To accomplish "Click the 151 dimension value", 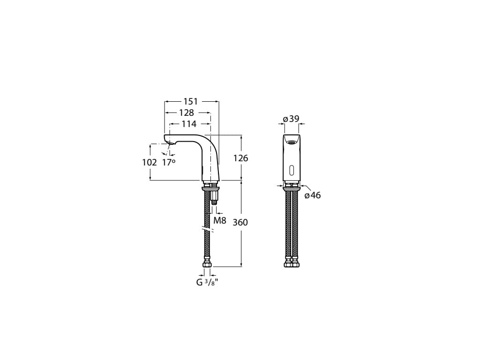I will click(190, 101).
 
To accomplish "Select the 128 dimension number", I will click(186, 113).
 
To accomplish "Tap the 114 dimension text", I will click(189, 124).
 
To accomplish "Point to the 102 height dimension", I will click(149, 162).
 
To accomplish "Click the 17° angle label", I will click(169, 162).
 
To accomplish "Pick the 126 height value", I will click(240, 158).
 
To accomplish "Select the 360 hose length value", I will click(240, 222).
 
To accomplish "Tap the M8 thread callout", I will click(220, 220).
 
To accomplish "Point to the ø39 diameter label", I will click(291, 119).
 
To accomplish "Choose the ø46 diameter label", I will click(313, 195).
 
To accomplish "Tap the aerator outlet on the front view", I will click(292, 142).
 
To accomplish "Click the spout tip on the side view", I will click(169, 139).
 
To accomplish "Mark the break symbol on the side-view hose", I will click(207, 230).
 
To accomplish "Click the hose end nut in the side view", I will click(207, 265).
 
